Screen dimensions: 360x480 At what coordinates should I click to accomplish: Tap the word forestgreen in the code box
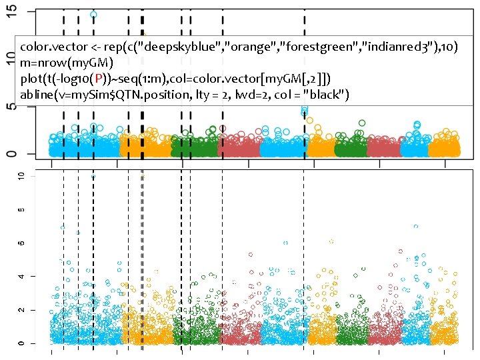(309, 48)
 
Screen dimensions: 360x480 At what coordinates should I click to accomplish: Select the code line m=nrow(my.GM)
(67, 63)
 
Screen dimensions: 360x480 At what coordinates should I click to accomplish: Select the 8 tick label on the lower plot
(21, 209)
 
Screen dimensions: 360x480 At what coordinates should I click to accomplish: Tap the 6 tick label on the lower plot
(21, 243)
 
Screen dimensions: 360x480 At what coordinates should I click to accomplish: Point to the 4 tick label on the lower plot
(21, 277)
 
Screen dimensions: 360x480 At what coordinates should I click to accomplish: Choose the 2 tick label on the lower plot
(21, 310)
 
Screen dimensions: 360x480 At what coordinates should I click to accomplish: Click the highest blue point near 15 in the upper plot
(93, 14)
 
